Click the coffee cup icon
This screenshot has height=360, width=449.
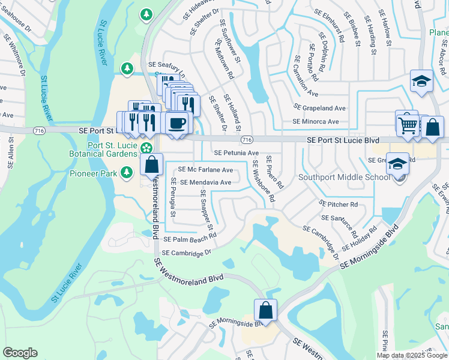(x=176, y=123)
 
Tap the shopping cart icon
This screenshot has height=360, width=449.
(x=407, y=125)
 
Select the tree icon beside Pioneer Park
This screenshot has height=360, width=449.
(x=126, y=173)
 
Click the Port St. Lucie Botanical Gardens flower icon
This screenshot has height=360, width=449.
(x=146, y=148)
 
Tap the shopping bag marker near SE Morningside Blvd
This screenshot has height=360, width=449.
(x=265, y=311)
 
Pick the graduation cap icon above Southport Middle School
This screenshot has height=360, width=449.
(x=397, y=163)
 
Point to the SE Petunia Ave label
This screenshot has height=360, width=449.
(x=237, y=153)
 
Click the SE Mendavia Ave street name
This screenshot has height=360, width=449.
(x=205, y=182)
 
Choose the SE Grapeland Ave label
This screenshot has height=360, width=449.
(x=319, y=108)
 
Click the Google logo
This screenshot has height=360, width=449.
(x=20, y=353)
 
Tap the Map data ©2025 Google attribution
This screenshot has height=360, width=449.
(x=411, y=355)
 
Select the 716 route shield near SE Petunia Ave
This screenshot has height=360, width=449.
(x=246, y=140)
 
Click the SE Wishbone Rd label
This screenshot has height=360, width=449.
(x=264, y=180)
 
